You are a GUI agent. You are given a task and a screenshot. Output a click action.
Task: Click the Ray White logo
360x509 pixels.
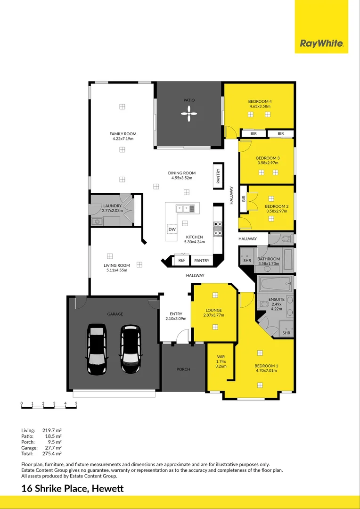coord(321,44)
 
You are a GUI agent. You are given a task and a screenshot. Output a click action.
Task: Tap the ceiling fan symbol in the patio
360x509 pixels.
coord(188,113)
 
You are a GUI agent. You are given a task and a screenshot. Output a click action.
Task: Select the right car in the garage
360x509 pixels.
coord(130,349)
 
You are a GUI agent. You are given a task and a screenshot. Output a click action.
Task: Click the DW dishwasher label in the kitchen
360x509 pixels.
coord(172,230)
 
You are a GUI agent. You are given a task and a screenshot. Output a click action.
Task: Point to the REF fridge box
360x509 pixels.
coord(181,260)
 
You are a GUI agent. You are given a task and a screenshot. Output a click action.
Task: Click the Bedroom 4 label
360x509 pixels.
coord(260,102)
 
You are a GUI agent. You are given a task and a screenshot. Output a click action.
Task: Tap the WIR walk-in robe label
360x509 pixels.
coord(221,357)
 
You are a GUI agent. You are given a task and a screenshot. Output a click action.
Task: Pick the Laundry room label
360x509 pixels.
coord(113,206)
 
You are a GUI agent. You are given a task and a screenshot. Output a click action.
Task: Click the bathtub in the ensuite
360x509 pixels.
coord(275,284)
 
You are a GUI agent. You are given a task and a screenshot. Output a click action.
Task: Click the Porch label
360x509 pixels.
coord(183,369)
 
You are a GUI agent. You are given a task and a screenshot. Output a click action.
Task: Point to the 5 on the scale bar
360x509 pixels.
coord(76,403)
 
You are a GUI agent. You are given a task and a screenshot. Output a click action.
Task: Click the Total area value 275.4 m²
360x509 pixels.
coord(52,453)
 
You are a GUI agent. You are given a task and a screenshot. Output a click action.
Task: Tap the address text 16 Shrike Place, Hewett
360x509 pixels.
coord(73,488)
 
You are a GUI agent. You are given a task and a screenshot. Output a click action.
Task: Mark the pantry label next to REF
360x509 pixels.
coord(202,260)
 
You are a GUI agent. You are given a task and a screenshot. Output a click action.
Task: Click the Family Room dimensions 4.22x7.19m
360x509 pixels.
coord(123,139)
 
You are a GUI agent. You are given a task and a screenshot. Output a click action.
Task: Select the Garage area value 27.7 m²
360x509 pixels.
coord(52,448)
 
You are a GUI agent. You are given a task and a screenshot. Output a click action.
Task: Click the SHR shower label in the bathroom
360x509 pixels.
coord(247,261)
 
